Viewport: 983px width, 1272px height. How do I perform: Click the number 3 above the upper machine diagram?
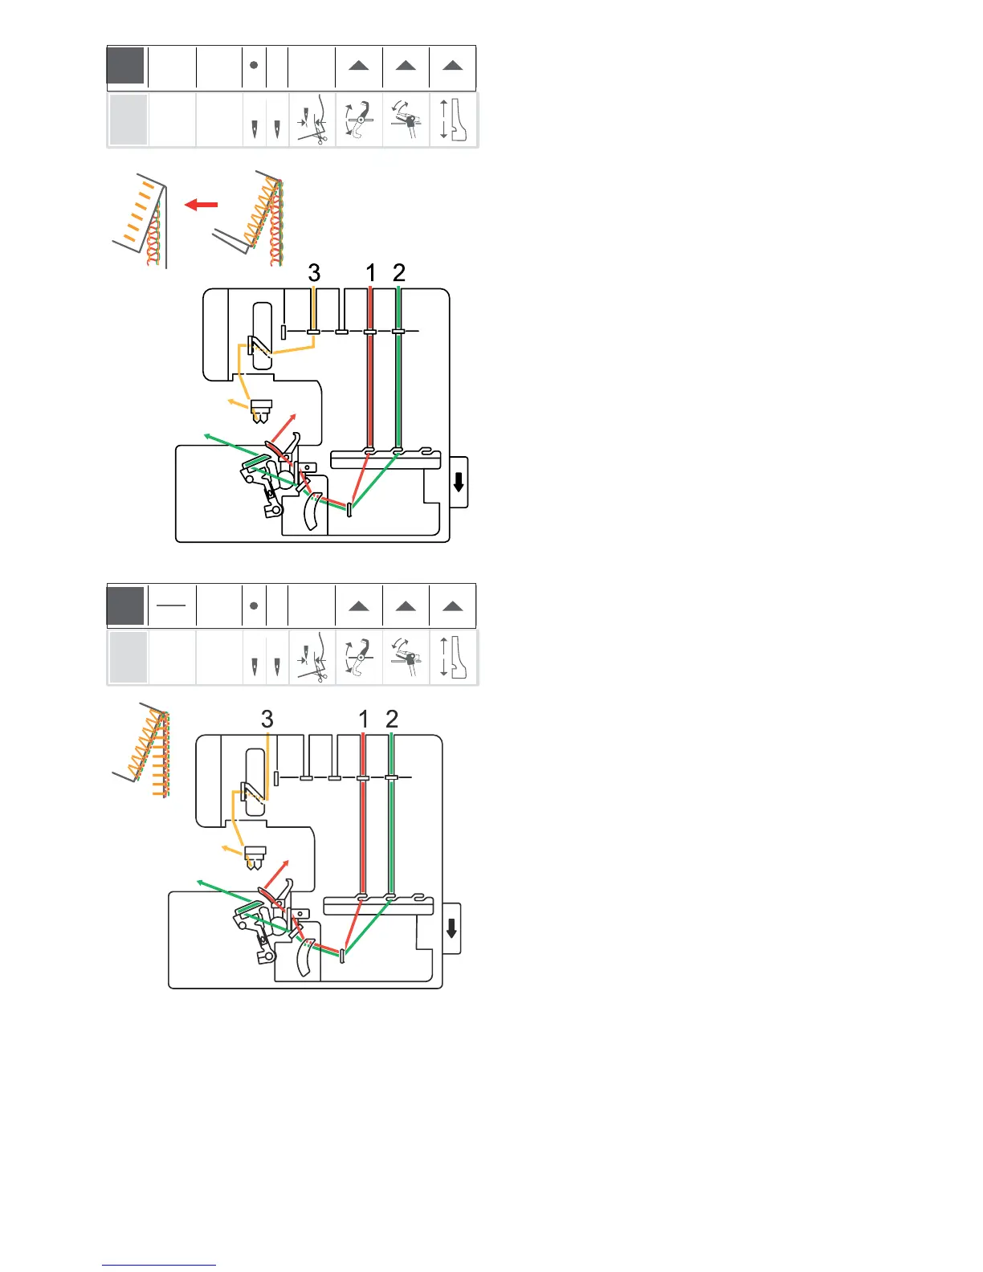coord(314,273)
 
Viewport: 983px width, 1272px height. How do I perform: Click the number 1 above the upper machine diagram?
coord(370,273)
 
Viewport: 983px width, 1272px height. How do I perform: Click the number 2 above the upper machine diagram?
coord(399,273)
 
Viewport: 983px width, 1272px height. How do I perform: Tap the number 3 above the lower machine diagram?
coord(267,720)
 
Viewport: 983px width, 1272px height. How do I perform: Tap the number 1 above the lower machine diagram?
coord(364,720)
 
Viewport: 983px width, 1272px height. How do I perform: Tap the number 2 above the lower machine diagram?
coord(392,720)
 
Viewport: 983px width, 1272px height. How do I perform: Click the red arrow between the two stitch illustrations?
coord(202,205)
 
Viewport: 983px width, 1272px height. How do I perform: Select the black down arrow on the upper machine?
coord(459,482)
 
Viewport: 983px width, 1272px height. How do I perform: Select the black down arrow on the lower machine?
coord(451,928)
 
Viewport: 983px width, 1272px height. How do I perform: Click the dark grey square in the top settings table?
coord(126,66)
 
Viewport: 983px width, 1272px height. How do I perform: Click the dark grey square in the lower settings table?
coord(126,605)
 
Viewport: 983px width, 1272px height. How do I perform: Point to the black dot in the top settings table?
coord(254,65)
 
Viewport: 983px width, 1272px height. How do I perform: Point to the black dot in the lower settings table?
coord(254,605)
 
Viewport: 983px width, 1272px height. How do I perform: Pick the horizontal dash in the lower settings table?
coord(171,605)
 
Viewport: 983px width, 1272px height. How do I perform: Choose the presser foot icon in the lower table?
coord(455,658)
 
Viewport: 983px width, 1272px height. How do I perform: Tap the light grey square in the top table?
coord(128,120)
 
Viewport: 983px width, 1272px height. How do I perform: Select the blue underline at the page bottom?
coord(159,1265)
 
